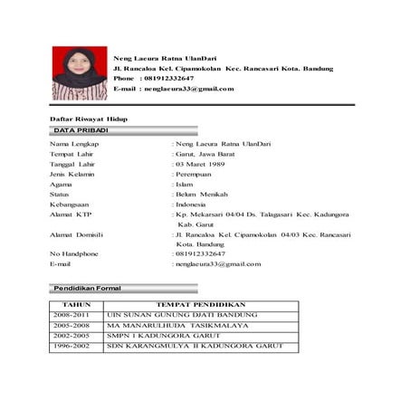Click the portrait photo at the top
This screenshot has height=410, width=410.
click(80, 72)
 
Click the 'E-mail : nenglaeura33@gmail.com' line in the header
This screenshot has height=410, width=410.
click(174, 89)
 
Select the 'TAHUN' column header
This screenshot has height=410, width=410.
click(75, 305)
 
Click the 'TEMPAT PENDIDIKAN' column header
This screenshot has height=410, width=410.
click(201, 305)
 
